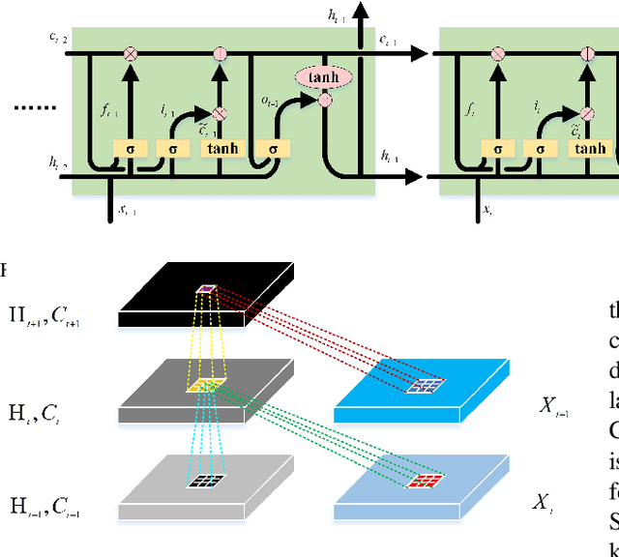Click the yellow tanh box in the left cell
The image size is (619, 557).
point(221,149)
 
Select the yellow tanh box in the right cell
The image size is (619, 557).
point(590,149)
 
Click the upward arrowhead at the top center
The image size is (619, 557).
point(363,12)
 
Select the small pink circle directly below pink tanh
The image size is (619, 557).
point(325,99)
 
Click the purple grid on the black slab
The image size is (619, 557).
point(208,287)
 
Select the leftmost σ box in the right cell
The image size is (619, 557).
point(497,149)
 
